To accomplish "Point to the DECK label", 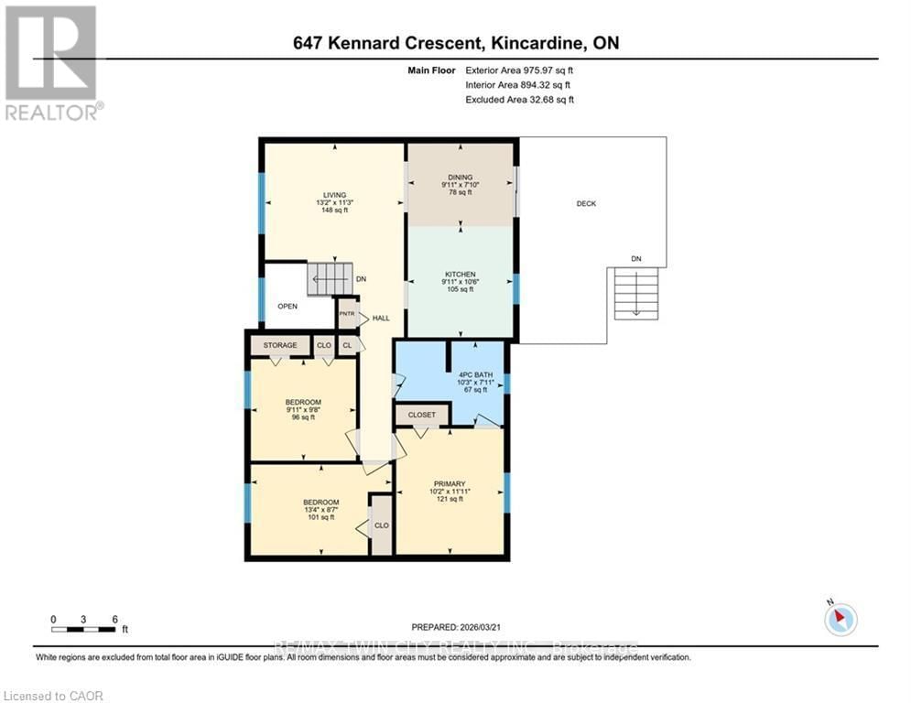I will pos(586,203).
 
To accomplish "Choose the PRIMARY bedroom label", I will pos(450,483).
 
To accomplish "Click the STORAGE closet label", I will pos(280,345).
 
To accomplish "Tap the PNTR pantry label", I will pos(347,313).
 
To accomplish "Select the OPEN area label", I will pos(287,306).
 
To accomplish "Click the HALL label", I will pos(381,319).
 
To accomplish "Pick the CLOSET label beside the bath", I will pos(421,415).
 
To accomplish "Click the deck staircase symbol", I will pos(635,293).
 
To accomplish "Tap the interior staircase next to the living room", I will pos(329,278).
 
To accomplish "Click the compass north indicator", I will pos(839,619).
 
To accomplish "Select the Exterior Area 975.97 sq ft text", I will pos(519,70).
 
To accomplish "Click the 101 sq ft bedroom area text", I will pos(320,517).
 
